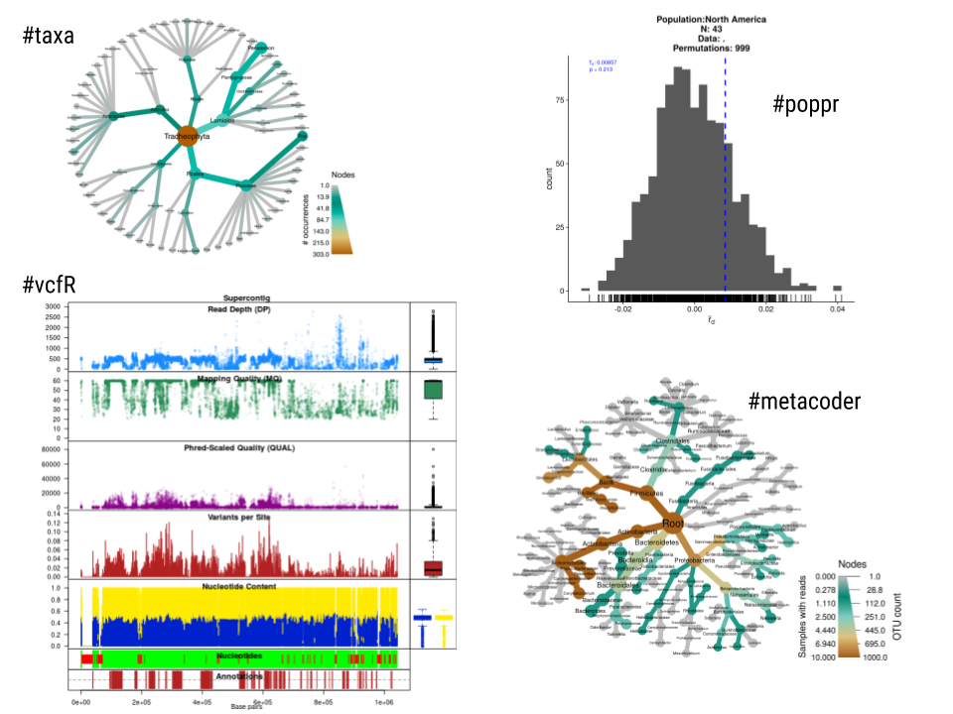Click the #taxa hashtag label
tap(50, 37)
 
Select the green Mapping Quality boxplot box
tap(433, 390)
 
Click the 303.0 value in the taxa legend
tap(319, 253)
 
